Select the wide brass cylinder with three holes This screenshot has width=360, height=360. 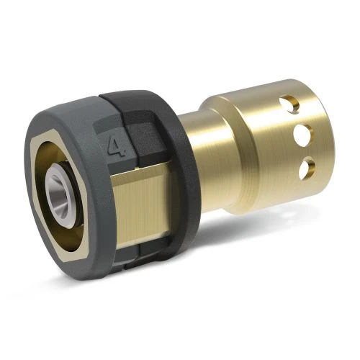(x=266, y=137)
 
